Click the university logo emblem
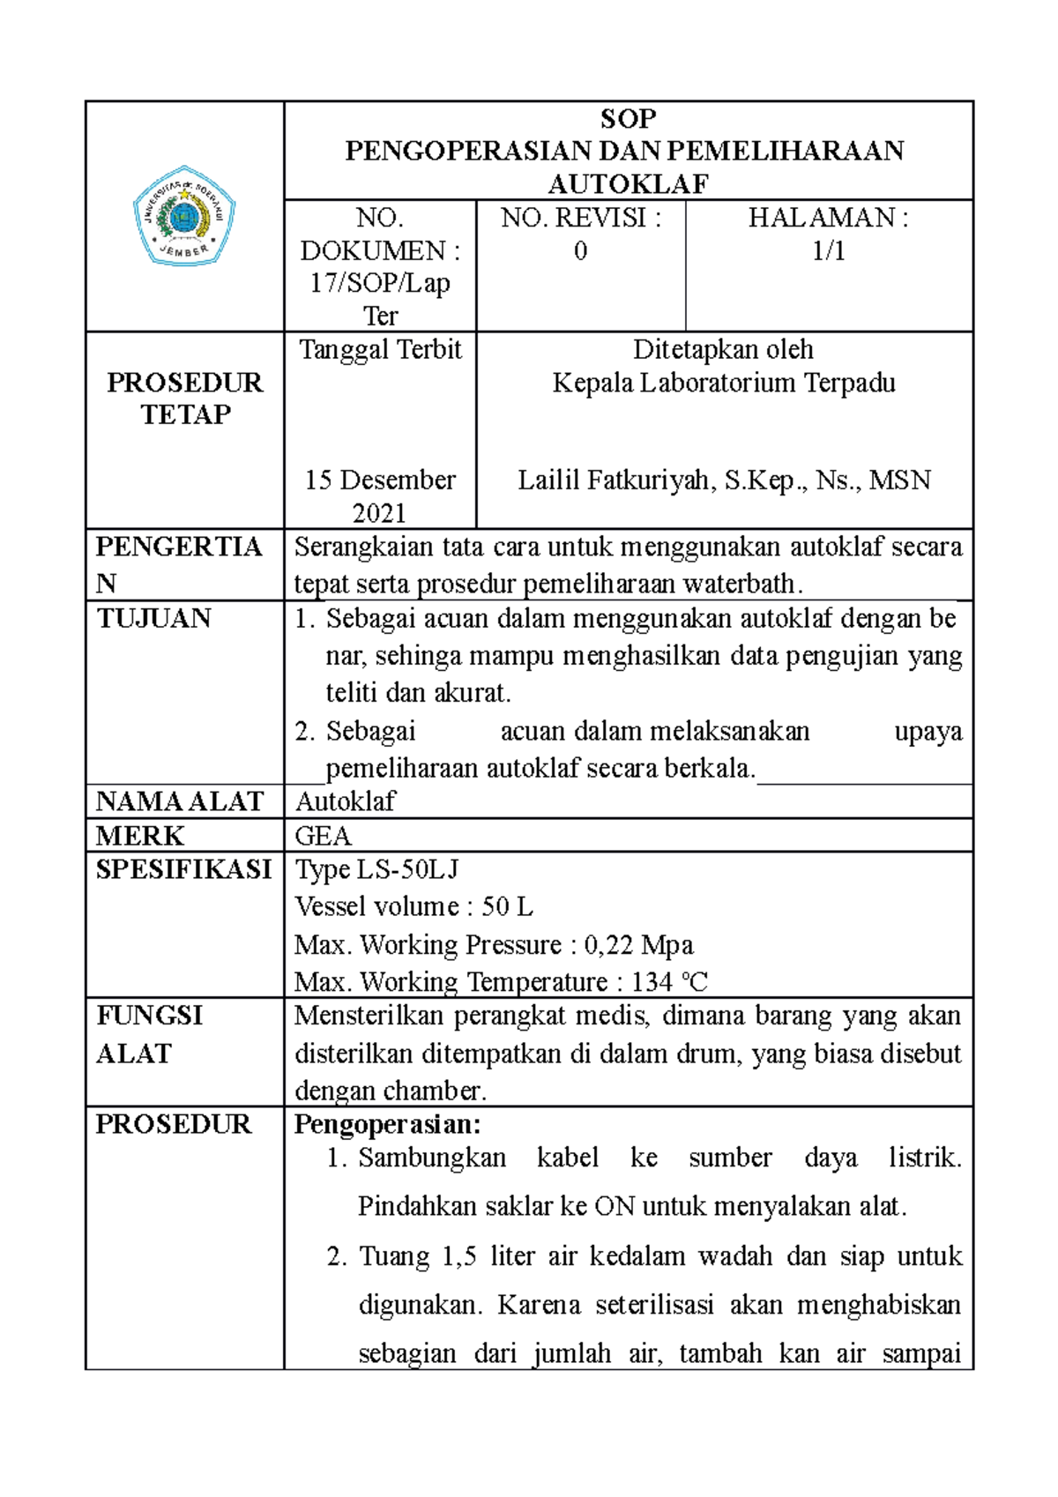184,216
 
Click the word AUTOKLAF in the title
628,183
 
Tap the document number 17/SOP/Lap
380,283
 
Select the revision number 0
580,251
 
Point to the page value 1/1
828,251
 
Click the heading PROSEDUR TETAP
185,398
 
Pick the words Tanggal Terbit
380,350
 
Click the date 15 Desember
380,480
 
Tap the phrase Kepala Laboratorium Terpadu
724,384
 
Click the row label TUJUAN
153,618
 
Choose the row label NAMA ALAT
179,801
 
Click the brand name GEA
323,836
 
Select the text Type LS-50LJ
376,870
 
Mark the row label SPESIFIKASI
183,870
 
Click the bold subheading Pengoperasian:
387,1125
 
